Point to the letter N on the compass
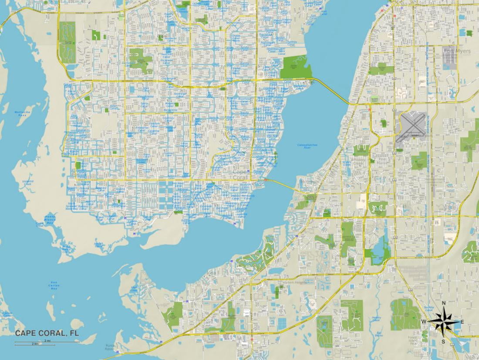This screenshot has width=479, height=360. [443, 303]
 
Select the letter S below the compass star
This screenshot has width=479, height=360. [443, 342]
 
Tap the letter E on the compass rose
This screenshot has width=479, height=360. [462, 322]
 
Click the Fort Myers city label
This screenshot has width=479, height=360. [457, 51]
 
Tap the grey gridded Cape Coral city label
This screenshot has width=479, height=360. [240, 174]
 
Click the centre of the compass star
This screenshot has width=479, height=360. [443, 322]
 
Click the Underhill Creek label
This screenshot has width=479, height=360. [27, 183]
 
